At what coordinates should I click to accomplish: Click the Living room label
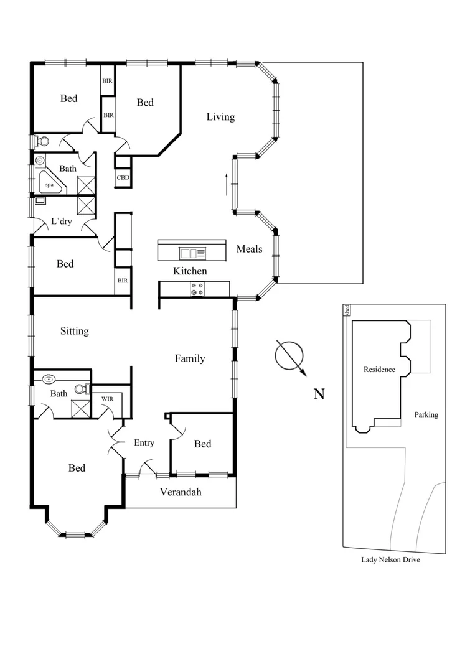coord(220,117)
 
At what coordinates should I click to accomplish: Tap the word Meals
coord(249,249)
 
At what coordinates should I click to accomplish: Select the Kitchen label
coord(190,271)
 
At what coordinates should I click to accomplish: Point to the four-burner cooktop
coord(197,289)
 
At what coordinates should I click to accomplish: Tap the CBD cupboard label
coord(123,178)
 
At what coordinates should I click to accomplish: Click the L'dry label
coord(61,222)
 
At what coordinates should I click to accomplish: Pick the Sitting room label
coord(74,331)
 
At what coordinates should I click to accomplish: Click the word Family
coord(190,358)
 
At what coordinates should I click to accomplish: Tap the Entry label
coord(144,442)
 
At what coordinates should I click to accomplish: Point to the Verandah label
coord(181,492)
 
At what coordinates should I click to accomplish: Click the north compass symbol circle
coord(289,355)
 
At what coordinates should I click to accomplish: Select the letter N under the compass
coord(319,394)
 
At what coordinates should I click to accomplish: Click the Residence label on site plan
coord(379,370)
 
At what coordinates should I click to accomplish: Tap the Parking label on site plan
coord(426,414)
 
